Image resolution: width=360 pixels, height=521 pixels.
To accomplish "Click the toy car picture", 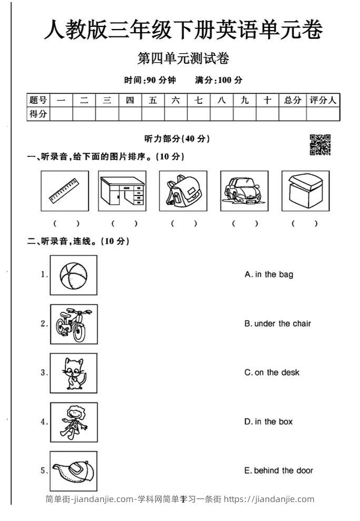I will coord(244,191).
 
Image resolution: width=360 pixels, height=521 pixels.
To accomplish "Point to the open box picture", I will coord(305,191).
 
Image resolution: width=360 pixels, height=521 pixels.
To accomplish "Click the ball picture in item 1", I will coord(74,275).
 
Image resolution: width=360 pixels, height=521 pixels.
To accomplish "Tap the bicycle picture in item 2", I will coord(74,324).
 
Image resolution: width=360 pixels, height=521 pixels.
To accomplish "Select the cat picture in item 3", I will coord(74,373).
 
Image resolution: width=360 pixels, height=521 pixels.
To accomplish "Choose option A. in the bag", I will coord(269,274).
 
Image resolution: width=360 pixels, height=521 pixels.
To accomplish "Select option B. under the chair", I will coord(277,323).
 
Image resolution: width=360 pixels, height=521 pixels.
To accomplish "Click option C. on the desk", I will coord(272,372).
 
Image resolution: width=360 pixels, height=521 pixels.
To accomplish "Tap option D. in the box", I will coord(268,421).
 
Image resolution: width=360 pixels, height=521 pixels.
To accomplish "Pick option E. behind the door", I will coord(278,470).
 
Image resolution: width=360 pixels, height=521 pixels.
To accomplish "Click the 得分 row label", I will coord(38,114).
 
